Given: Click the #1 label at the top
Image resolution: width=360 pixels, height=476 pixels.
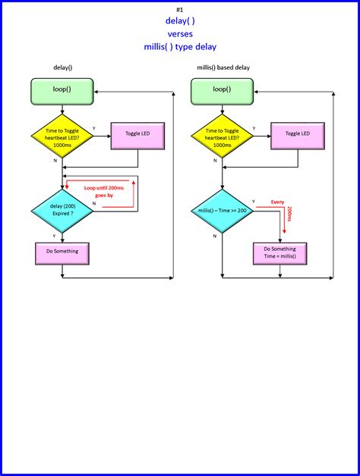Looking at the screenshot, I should [x=179, y=9].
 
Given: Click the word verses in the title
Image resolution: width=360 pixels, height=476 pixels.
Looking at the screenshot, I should [x=179, y=33].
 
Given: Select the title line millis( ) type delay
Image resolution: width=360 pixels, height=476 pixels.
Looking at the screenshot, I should [x=179, y=46].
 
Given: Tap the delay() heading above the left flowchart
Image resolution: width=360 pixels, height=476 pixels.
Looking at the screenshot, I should [x=62, y=67].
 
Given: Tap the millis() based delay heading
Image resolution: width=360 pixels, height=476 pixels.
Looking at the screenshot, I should [x=223, y=67].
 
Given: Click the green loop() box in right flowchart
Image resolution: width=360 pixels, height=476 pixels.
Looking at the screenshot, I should [x=222, y=89].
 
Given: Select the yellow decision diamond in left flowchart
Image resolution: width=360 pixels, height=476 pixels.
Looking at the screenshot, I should [x=62, y=137].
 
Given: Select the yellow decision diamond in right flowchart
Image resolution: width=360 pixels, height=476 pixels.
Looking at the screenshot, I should [x=222, y=137].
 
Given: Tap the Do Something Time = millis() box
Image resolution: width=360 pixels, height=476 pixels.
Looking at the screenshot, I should [x=279, y=252].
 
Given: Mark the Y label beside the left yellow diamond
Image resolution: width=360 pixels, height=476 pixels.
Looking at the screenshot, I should [x=93, y=128].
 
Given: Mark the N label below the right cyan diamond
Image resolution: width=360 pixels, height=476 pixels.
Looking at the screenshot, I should [x=215, y=236].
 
